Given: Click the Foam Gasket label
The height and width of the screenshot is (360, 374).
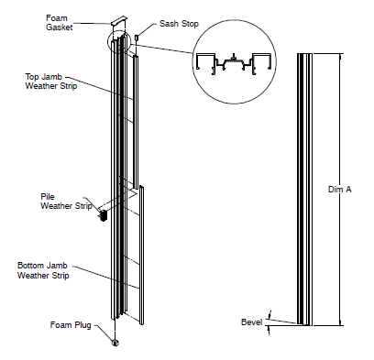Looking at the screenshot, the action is click(x=60, y=23).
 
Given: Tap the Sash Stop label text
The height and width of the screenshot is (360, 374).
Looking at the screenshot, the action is click(x=179, y=24).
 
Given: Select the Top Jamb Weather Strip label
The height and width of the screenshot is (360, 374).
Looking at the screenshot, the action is click(x=51, y=82).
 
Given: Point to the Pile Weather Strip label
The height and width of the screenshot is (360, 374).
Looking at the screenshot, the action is click(x=66, y=202).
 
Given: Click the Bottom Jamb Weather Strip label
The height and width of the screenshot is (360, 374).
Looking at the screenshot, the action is click(x=43, y=270).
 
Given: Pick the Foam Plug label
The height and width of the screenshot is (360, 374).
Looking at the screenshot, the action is click(x=71, y=325).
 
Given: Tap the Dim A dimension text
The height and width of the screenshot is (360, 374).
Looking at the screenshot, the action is click(x=340, y=190).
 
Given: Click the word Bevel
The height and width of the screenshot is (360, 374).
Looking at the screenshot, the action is click(x=251, y=322).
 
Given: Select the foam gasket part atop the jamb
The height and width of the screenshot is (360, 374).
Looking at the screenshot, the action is click(x=118, y=20).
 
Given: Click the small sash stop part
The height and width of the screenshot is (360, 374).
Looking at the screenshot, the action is click(x=137, y=38).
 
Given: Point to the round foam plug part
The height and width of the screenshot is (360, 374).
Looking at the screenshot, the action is click(x=115, y=343).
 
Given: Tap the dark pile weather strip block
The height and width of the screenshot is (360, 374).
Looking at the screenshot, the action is click(x=104, y=215).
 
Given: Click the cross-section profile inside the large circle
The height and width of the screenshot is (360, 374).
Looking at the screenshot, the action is click(x=234, y=63).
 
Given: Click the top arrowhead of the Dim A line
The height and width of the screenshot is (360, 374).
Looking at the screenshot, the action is click(x=339, y=56).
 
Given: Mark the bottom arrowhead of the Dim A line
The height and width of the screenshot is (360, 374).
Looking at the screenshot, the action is click(x=339, y=322).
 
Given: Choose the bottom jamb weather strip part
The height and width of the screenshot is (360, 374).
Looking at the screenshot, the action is click(x=141, y=255).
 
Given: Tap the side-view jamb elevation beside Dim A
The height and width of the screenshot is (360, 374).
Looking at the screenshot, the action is click(x=304, y=190).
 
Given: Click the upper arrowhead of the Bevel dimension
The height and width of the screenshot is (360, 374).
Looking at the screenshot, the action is click(x=269, y=314).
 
